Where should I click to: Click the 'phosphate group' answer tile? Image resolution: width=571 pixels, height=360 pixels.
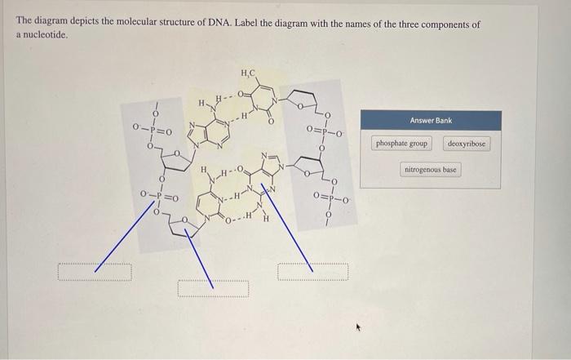point(401,144)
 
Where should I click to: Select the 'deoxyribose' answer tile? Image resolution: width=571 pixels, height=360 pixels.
point(467,144)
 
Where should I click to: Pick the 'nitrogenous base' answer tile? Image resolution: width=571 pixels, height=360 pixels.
point(431,170)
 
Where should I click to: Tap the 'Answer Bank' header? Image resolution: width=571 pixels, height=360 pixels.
point(431,120)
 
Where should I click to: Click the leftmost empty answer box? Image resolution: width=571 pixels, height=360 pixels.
point(95,272)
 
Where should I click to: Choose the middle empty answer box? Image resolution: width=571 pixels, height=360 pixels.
point(214,287)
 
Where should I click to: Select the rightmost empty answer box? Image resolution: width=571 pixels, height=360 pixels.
point(313,271)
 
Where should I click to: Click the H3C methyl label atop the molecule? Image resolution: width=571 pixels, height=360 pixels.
point(248,74)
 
